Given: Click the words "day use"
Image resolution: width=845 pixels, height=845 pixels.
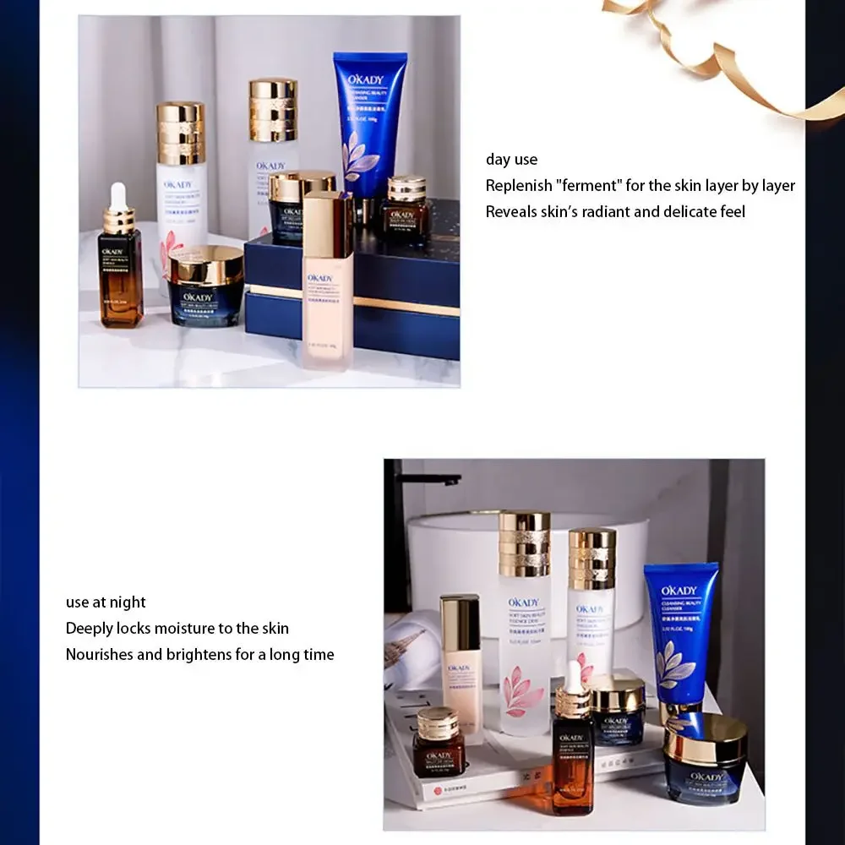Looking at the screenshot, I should [x=511, y=159].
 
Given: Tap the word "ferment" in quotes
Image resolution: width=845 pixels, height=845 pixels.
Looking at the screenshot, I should [x=588, y=185].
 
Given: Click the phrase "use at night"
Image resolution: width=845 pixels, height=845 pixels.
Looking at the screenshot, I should [x=106, y=602].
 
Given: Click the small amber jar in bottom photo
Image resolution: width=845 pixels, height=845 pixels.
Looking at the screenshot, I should [x=439, y=744].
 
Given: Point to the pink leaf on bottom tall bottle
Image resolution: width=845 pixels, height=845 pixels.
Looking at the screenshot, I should [x=520, y=693].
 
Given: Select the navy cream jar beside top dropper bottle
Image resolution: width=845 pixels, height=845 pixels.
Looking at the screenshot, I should [x=205, y=287].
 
